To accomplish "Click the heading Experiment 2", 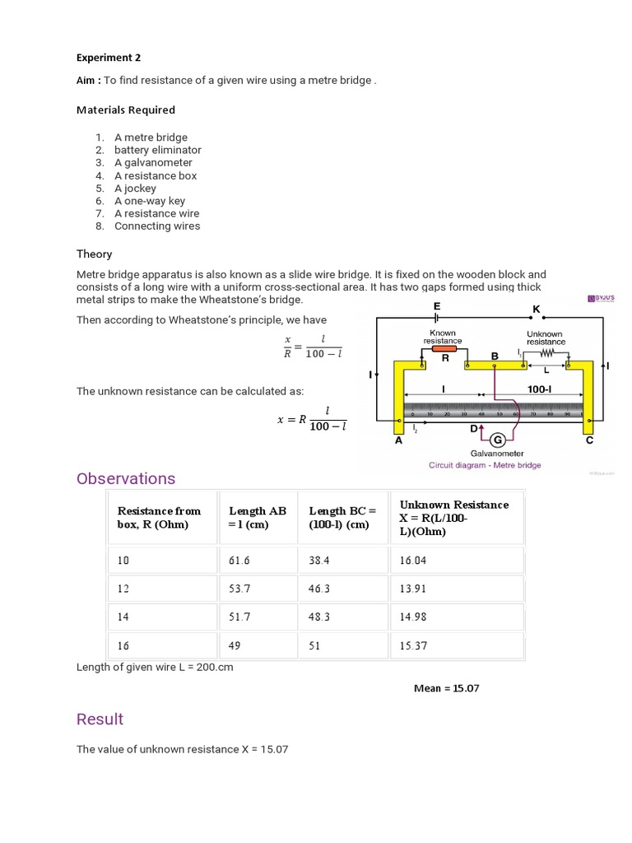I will coord(109,58).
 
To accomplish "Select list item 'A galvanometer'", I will coord(153,163).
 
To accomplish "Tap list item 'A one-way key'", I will coord(149,201).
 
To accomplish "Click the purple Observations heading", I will coord(126,478).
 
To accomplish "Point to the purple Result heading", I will coord(100,719).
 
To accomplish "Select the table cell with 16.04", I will coord(413,561).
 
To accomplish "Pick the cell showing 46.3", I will coord(321,589).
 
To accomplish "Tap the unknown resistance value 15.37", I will coord(413,645).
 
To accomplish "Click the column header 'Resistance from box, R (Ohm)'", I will coord(159,518).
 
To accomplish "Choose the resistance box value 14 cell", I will coord(123,617).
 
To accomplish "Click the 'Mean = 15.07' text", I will coord(446,688).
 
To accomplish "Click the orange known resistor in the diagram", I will coord(444,348).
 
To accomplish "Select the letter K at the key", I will coord(536,309).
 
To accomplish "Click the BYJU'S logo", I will coord(602,298).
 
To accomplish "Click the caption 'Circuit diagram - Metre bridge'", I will coord(485,465).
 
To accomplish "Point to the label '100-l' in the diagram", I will coord(539,389).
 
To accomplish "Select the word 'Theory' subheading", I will coord(95,254).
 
